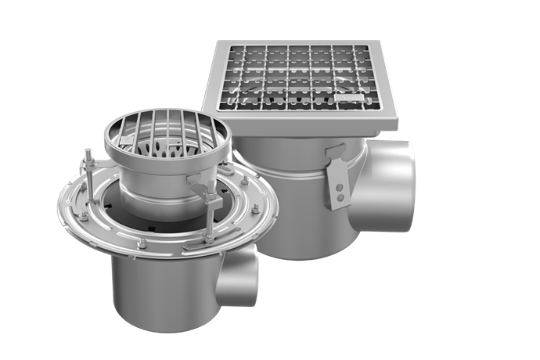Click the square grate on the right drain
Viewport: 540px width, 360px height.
[302, 79]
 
